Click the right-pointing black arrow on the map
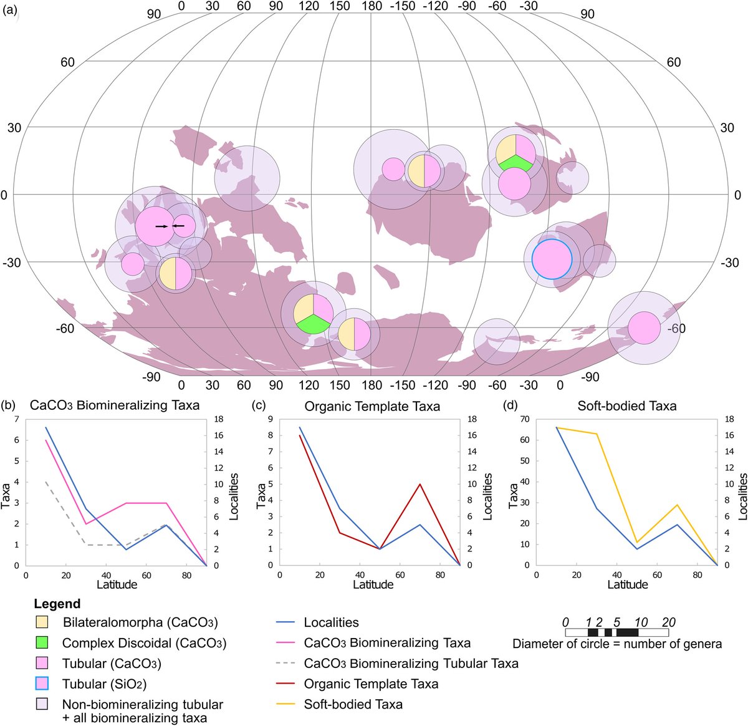(161, 226)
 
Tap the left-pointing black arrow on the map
(178, 226)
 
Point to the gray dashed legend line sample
(284, 663)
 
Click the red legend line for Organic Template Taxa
(284, 684)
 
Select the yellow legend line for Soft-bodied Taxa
(284, 704)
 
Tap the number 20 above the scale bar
(668, 622)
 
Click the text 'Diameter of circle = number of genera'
(617, 644)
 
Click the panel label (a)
(12, 11)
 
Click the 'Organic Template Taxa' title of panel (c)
(372, 406)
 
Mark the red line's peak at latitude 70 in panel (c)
(420, 484)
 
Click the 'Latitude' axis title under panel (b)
(117, 584)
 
